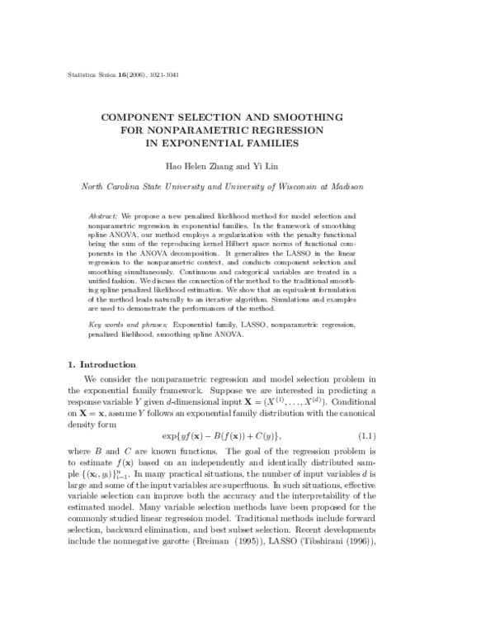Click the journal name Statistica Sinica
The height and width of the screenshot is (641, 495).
[88, 74]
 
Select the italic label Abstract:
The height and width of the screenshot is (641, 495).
[104, 215]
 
